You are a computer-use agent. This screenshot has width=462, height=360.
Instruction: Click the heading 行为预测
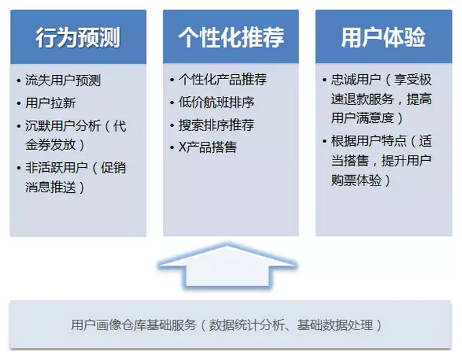coord(78,37)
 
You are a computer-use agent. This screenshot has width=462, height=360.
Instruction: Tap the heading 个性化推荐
coord(231,37)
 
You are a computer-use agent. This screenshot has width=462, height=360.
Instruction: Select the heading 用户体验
coord(384,37)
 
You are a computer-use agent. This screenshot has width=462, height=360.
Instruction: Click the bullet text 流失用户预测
coord(63,80)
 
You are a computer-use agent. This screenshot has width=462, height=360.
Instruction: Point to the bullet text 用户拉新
coord(50,103)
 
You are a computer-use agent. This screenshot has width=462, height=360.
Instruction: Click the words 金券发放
coord(50,145)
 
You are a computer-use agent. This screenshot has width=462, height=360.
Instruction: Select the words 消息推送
coord(50,187)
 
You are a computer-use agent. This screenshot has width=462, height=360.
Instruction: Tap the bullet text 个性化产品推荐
coord(222,80)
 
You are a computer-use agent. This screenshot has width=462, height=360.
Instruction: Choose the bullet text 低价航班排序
coord(216,102)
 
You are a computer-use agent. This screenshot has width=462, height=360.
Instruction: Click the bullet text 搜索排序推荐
coord(216,125)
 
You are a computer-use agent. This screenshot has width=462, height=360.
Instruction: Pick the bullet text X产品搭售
coord(207,147)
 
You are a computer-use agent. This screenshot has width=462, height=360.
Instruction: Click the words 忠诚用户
coord(356,80)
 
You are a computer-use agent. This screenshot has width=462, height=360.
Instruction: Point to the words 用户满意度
coord(363,118)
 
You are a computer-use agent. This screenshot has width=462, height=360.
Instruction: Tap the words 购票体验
coord(356,180)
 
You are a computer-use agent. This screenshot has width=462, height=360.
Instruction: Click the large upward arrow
coord(228,265)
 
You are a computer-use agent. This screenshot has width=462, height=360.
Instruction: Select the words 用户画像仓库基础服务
coord(134,325)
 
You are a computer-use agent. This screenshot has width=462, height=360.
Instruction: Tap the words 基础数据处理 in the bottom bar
coord(335,325)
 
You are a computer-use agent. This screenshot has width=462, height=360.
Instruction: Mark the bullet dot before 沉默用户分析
coord(19,127)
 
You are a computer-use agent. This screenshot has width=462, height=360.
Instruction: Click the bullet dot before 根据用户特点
coord(324,142)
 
